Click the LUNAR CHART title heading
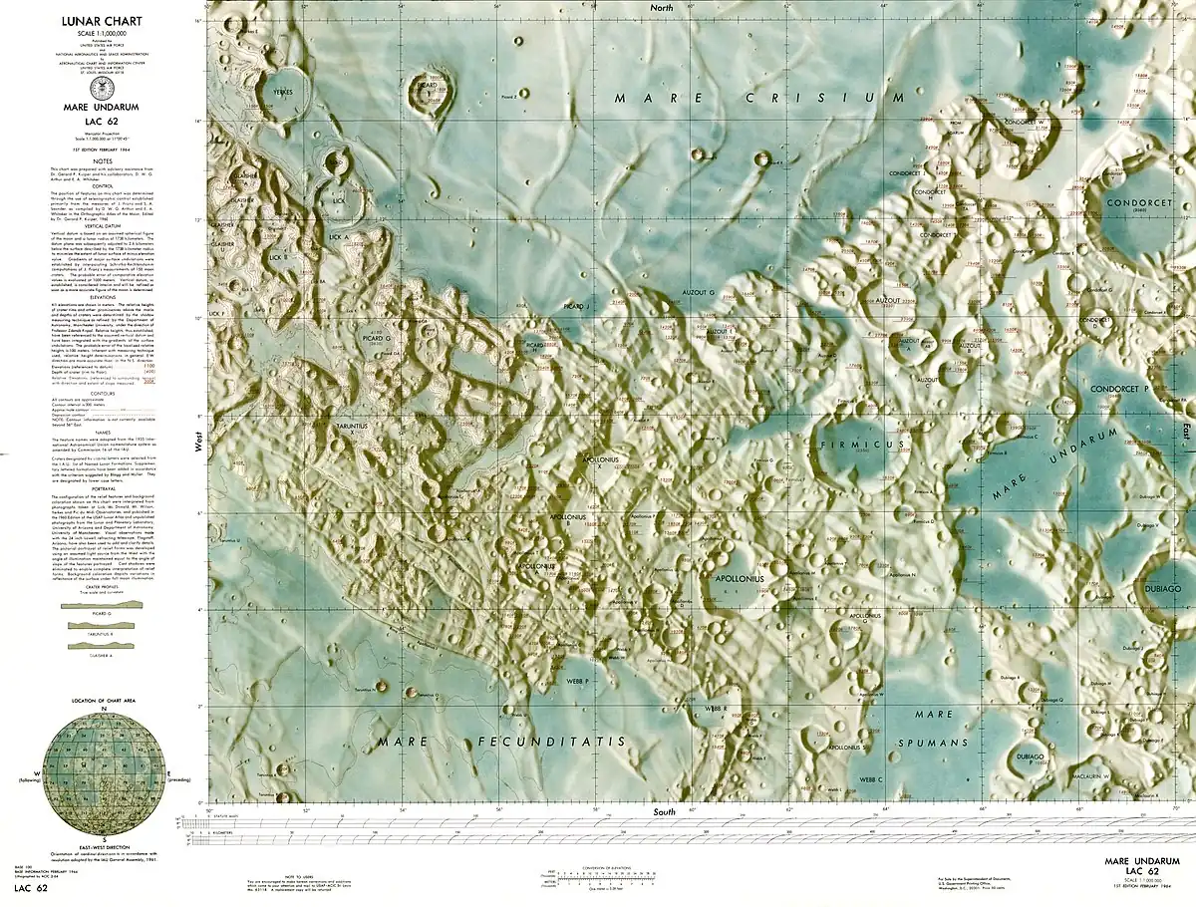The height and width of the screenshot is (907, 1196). pyautogui.click(x=103, y=19)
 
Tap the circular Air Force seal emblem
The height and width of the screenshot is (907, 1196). pyautogui.click(x=103, y=89)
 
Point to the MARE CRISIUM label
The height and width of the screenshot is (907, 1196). pyautogui.click(x=758, y=98)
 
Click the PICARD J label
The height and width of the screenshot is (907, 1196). pyautogui.click(x=576, y=306)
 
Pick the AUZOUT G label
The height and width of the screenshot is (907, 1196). pyautogui.click(x=698, y=293)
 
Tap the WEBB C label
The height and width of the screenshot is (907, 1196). pyautogui.click(x=872, y=778)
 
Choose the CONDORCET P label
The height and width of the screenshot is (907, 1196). pyautogui.click(x=1119, y=388)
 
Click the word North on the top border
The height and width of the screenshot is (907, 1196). pyautogui.click(x=661, y=7)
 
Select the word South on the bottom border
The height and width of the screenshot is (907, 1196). pyautogui.click(x=665, y=812)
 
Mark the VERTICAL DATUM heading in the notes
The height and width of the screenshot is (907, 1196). pyautogui.click(x=103, y=226)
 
